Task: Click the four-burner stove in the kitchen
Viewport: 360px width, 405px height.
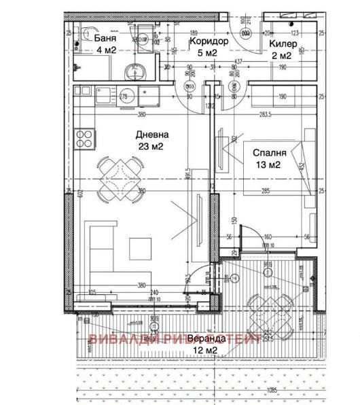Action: [85, 139]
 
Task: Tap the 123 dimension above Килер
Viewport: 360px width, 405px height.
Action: [295, 32]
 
